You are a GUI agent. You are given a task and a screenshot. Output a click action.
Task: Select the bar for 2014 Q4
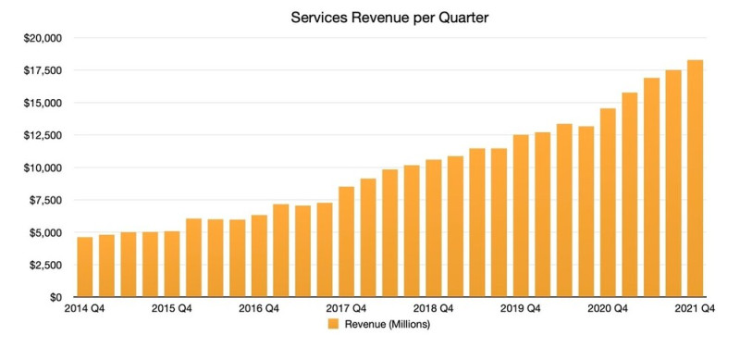[x=84, y=267]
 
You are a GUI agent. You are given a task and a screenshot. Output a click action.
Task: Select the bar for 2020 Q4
[x=608, y=203]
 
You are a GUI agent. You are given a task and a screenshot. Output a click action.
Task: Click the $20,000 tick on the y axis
[x=42, y=38]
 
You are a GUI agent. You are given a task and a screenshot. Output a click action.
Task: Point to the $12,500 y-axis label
[x=42, y=135]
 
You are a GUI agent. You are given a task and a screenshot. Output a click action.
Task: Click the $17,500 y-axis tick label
[x=42, y=70]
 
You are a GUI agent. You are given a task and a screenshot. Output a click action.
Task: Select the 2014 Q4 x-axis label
[x=84, y=309]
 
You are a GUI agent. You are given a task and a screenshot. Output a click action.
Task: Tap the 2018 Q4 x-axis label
[x=433, y=309]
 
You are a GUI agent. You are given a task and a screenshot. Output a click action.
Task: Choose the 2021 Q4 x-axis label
[x=695, y=309]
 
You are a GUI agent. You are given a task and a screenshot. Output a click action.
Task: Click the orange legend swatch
[x=333, y=325]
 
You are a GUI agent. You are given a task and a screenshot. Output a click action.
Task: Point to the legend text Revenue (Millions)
[x=388, y=325]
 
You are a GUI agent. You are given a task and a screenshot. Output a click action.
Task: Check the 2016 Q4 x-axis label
[x=259, y=309]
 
